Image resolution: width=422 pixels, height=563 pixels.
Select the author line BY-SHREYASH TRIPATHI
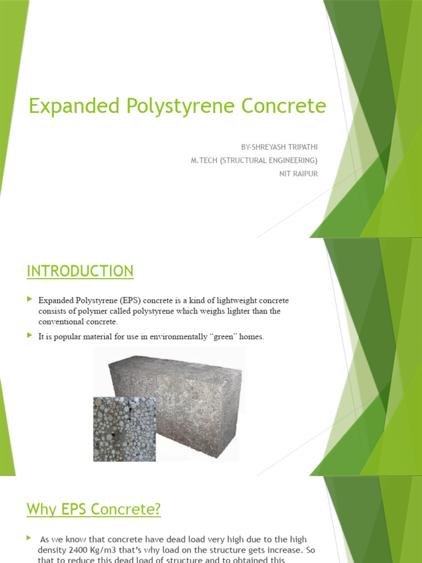click(x=279, y=147)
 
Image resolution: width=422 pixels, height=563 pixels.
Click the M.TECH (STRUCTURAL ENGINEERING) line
click(x=252, y=160)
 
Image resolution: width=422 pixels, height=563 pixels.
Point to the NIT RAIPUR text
click(x=299, y=173)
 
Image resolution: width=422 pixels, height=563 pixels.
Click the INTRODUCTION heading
click(x=80, y=271)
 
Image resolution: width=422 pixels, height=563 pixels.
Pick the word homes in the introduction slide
click(x=253, y=336)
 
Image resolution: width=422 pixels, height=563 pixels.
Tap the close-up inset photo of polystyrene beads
click(x=124, y=429)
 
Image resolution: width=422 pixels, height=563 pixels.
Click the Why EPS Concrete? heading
click(x=94, y=510)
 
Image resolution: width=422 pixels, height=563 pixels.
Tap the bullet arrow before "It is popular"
click(x=29, y=336)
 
